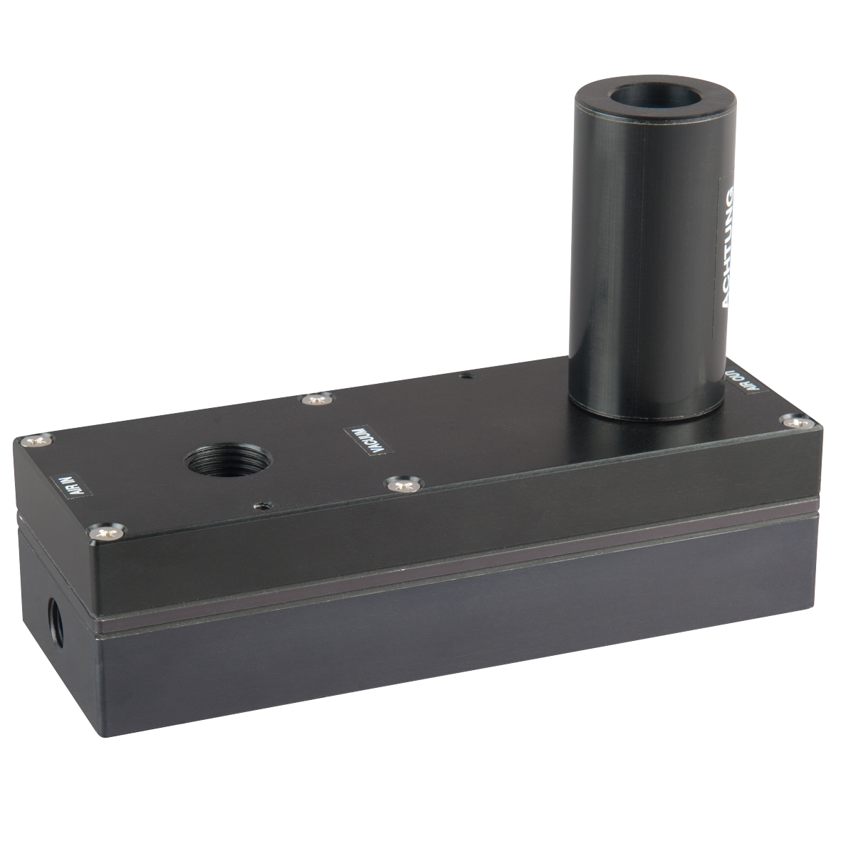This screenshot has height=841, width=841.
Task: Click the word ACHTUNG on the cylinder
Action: point(726,246)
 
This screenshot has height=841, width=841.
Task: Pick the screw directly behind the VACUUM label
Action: point(316,400)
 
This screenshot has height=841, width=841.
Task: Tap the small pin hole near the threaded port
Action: point(263,505)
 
